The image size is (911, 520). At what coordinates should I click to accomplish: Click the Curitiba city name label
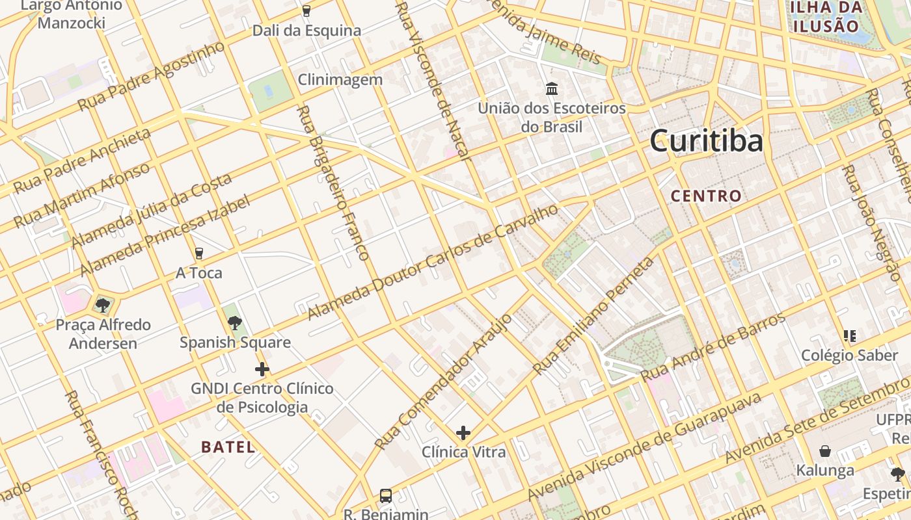pyautogui.click(x=706, y=141)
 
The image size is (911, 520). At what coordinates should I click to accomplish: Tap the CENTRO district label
pyautogui.click(x=706, y=196)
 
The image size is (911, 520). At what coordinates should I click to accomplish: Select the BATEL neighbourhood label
pyautogui.click(x=228, y=447)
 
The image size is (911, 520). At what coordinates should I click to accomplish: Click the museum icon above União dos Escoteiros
pyautogui.click(x=552, y=88)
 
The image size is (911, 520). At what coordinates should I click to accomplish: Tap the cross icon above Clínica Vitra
pyautogui.click(x=463, y=433)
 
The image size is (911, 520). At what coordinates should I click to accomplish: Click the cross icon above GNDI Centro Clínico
pyautogui.click(x=262, y=370)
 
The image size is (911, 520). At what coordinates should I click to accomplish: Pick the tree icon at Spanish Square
pyautogui.click(x=235, y=322)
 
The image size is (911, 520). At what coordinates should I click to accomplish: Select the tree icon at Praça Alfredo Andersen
pyautogui.click(x=102, y=305)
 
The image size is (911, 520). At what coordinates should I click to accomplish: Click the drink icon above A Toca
pyautogui.click(x=199, y=253)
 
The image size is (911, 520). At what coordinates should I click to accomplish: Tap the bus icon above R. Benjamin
pyautogui.click(x=386, y=496)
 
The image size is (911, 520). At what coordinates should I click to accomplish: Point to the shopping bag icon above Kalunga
pyautogui.click(x=825, y=451)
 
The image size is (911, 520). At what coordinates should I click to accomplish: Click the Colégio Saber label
pyautogui.click(x=840, y=355)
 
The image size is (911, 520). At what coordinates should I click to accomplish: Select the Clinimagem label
pyautogui.click(x=340, y=79)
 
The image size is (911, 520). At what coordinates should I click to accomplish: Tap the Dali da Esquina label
pyautogui.click(x=306, y=31)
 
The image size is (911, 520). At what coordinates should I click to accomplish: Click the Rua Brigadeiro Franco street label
pyautogui.click(x=333, y=183)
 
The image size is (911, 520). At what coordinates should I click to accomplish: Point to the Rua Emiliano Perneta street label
pyautogui.click(x=593, y=316)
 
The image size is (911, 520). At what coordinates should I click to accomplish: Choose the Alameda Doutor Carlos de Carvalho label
pyautogui.click(x=433, y=262)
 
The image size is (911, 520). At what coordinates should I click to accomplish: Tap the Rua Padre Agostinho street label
pyautogui.click(x=151, y=75)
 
